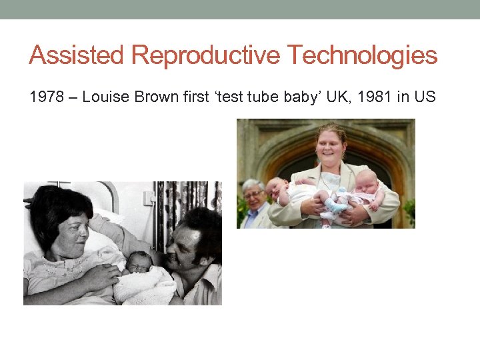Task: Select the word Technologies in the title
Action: (x=361, y=55)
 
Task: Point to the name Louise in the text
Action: (x=107, y=97)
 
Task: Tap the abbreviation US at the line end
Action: (x=425, y=97)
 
